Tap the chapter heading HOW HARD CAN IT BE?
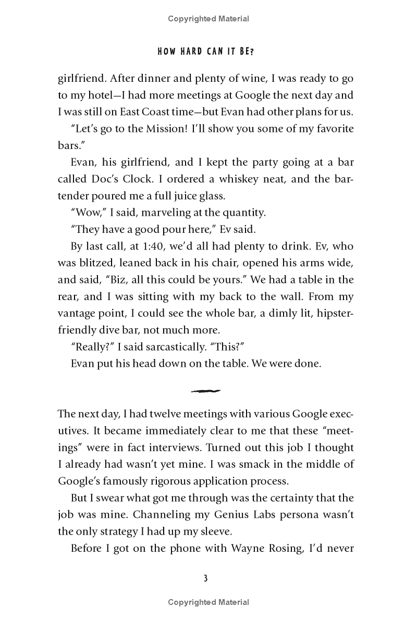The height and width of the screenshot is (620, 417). [x=208, y=52]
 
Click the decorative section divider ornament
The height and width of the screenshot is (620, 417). [x=206, y=391]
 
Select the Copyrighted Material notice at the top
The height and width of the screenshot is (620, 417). [x=208, y=19]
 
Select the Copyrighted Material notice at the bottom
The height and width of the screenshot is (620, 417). [x=208, y=603]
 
